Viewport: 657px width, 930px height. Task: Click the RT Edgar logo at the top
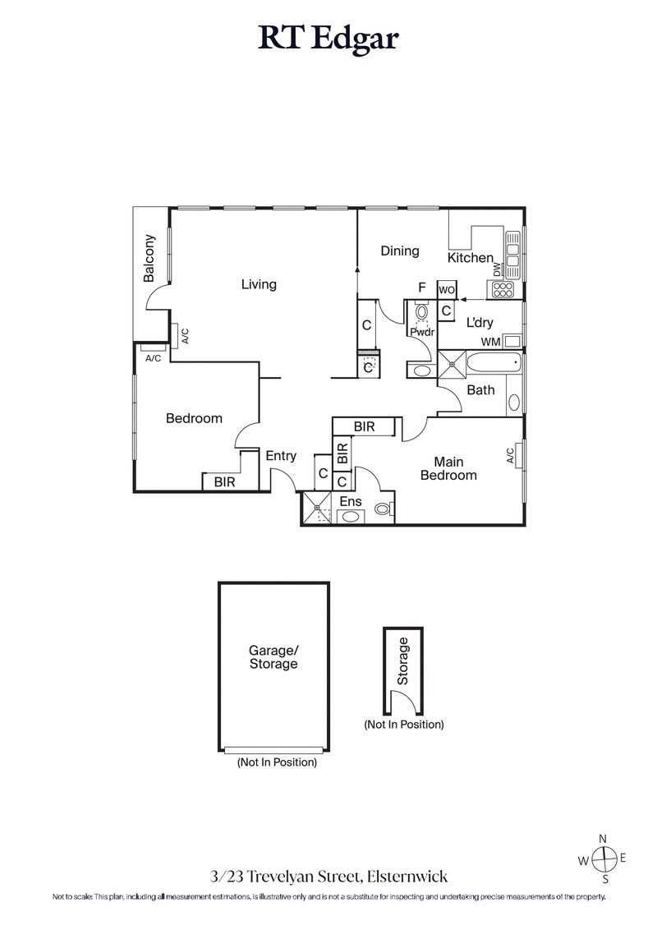point(328,38)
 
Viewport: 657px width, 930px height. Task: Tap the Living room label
point(259,284)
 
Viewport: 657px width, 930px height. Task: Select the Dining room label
point(400,251)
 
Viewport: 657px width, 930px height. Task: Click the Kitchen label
point(470,258)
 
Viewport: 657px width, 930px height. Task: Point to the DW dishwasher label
point(497,270)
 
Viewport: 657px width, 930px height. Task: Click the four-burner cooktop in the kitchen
point(501,289)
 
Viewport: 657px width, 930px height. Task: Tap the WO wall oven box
point(447,290)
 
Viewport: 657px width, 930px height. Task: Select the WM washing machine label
point(489,341)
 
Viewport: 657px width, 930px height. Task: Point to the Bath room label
point(480,389)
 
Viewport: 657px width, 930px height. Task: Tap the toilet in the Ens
point(382,509)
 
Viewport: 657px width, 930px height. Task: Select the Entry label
point(281,456)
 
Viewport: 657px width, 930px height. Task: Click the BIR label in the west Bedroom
point(224,482)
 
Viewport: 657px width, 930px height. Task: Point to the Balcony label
point(149,259)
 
